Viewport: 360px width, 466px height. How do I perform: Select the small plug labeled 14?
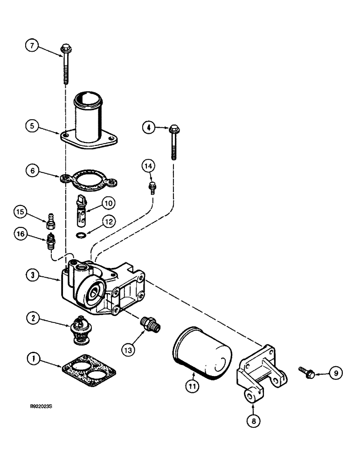(151, 187)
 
